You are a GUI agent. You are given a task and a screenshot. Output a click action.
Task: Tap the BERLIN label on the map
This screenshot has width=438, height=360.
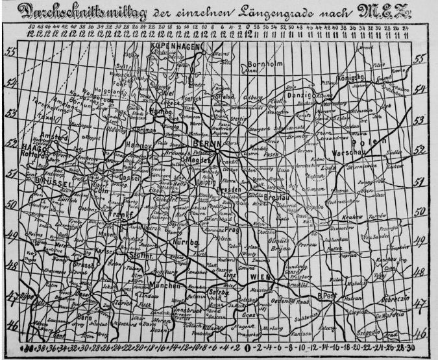pos(208,143)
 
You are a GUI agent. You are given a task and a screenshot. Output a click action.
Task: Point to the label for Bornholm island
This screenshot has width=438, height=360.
pos(264,64)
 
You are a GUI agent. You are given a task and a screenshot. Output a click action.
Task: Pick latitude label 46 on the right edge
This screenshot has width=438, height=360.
pos(420,335)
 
